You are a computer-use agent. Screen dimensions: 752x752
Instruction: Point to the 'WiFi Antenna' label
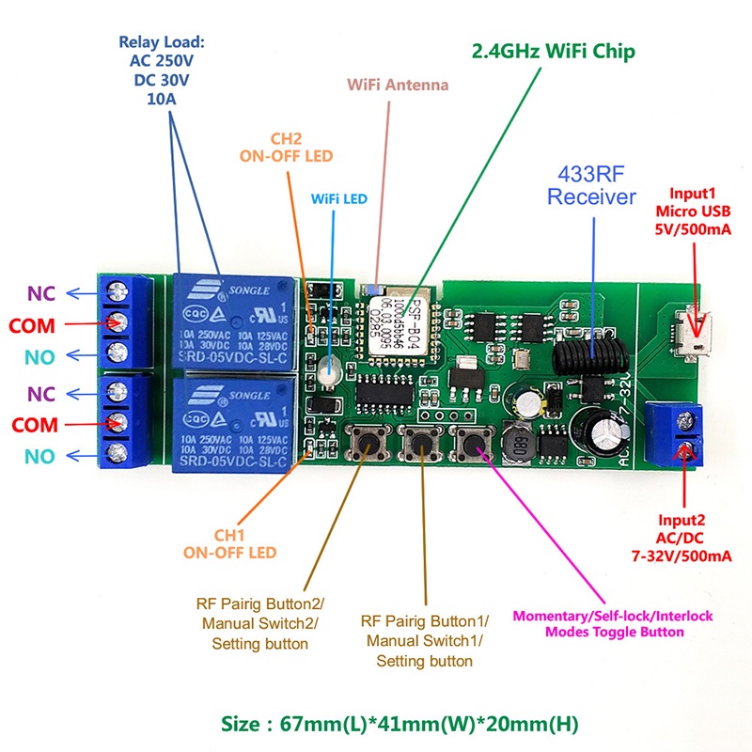tap(398, 86)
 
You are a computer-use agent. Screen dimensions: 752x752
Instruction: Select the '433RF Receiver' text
tap(592, 184)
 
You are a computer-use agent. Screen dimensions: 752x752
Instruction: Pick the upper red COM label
tap(33, 325)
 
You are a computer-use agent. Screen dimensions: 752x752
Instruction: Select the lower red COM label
tap(33, 423)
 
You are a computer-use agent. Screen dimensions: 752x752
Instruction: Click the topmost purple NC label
tap(41, 292)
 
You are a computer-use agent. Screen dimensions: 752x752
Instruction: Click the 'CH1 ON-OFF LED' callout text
tap(230, 543)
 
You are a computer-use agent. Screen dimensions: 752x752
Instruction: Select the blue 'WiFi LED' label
tap(338, 199)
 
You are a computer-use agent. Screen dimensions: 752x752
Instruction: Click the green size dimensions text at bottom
tap(396, 725)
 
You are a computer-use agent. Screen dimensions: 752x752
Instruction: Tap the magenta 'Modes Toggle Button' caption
tap(612, 624)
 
